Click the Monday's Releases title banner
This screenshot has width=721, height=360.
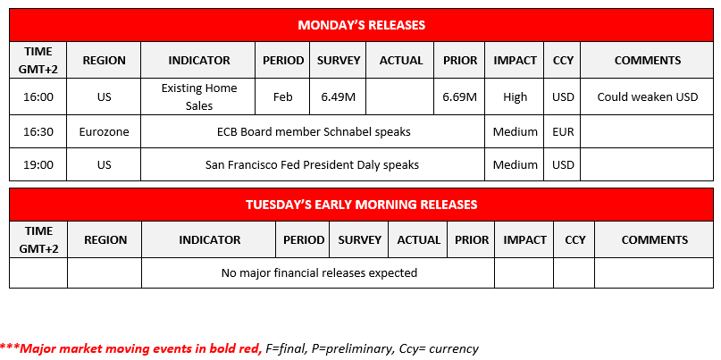pos(362,25)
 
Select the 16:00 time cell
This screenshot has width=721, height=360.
pos(38,97)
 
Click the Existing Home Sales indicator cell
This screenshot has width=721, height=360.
pos(198,97)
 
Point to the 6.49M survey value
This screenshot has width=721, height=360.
pos(338,97)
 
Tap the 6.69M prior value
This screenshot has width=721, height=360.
pos(459,97)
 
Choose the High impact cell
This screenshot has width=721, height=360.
pos(515,97)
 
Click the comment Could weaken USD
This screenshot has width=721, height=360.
pos(648,97)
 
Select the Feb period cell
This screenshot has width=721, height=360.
pos(282,97)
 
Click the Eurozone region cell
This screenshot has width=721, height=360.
pos(104,132)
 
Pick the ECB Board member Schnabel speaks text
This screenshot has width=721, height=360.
pos(314,132)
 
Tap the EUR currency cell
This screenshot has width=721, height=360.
pos(562,132)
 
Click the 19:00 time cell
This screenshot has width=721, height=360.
pos(38,164)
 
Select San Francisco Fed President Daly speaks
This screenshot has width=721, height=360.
pos(312,164)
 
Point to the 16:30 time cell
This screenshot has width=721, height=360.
pos(38,132)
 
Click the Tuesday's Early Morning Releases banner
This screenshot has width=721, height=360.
pos(362,205)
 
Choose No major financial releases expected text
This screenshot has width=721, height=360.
pos(319,273)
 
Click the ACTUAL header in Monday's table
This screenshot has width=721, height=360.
pos(401,60)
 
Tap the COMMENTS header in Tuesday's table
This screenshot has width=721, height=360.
pos(654,239)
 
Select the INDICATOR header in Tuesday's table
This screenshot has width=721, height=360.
pos(209,239)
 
